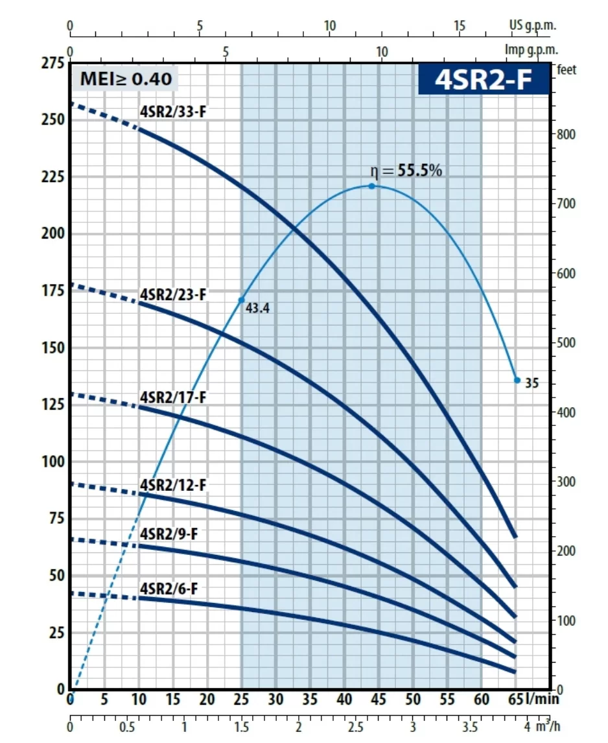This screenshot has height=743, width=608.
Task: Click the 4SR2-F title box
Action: (x=483, y=80)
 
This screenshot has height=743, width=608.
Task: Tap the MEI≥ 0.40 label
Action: (x=126, y=79)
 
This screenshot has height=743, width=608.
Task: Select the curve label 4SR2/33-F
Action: (x=172, y=110)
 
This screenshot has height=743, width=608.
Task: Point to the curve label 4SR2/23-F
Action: (x=172, y=294)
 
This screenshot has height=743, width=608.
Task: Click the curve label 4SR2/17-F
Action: (x=172, y=397)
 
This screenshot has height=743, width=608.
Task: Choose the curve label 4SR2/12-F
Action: (x=172, y=485)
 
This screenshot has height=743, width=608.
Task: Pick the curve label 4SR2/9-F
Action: (x=169, y=534)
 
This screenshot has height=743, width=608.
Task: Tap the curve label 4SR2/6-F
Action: (x=169, y=588)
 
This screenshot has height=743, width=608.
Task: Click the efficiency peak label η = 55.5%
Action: (x=406, y=171)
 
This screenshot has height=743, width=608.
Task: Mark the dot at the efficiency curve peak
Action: (x=372, y=186)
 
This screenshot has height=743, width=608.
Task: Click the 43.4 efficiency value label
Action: (x=257, y=309)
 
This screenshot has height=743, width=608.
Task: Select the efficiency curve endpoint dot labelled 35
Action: (x=517, y=381)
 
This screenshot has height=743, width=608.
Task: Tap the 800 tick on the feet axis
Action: (x=566, y=134)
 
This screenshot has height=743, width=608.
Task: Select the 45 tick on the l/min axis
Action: (x=379, y=700)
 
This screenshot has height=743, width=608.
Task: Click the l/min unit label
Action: (x=543, y=699)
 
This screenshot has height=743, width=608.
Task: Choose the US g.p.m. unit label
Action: (x=532, y=26)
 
